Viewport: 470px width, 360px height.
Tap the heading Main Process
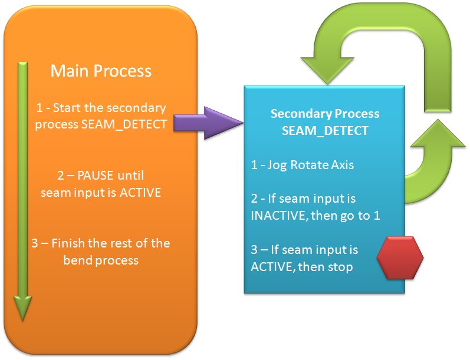[x=101, y=71]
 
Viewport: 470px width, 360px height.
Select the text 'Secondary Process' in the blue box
[x=324, y=114]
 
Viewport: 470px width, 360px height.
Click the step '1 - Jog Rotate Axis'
[x=303, y=165]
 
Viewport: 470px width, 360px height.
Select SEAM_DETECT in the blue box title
[x=324, y=131]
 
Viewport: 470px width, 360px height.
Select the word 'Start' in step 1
[x=65, y=108]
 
